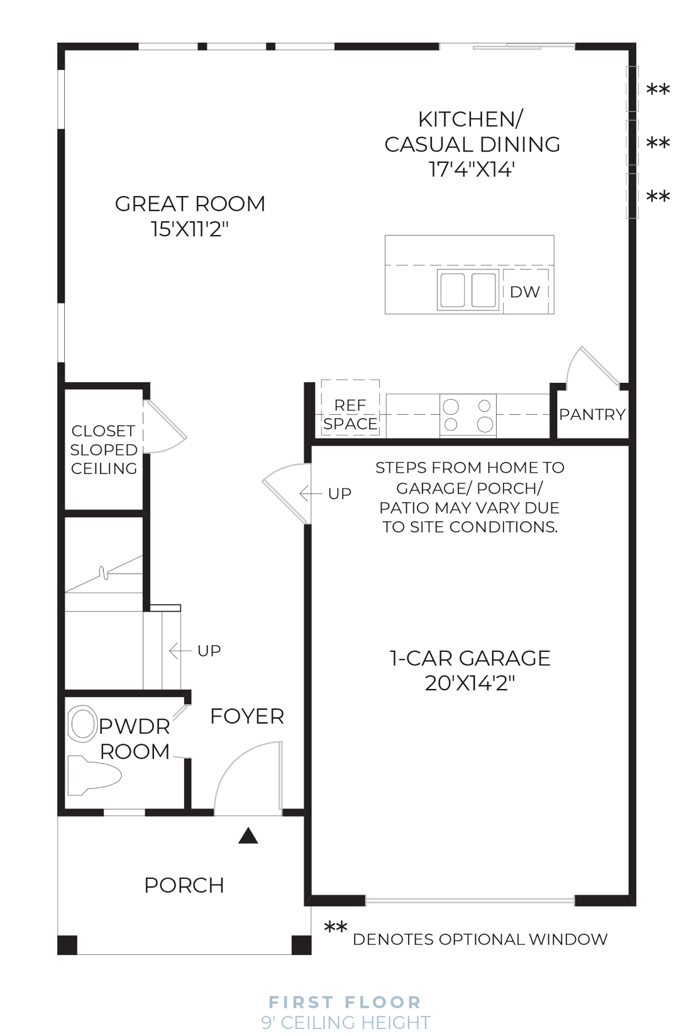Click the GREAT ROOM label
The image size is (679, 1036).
190,204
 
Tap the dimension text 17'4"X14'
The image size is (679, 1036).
472,170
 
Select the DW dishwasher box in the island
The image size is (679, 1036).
525,292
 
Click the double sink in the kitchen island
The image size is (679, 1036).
468,290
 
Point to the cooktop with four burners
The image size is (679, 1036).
468,416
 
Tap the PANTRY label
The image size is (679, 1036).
592,415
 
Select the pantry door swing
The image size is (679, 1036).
591,368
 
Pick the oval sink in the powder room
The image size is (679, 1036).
83,724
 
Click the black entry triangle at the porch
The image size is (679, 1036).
248,835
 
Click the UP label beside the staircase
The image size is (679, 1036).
209,651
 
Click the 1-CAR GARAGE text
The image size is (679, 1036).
470,658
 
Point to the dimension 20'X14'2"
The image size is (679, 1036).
470,683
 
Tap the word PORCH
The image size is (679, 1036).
184,886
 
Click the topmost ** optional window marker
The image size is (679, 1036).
658,90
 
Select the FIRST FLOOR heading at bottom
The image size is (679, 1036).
345,1002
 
